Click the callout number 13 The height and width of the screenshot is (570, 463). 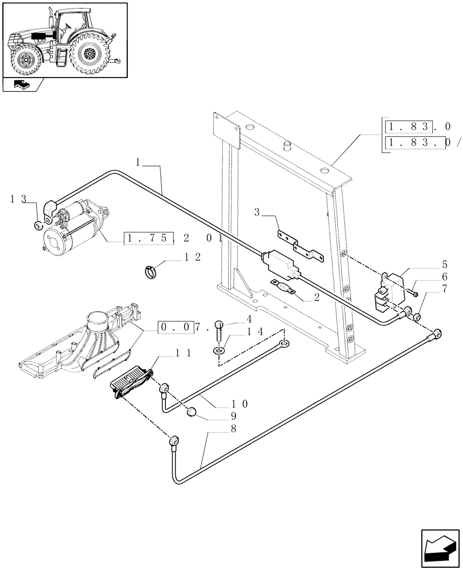point(18,199)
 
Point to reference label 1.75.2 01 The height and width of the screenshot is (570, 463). point(172,238)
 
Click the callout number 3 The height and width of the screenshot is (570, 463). point(257,213)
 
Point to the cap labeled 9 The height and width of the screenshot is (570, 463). point(192,411)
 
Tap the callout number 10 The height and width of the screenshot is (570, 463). point(239,404)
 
